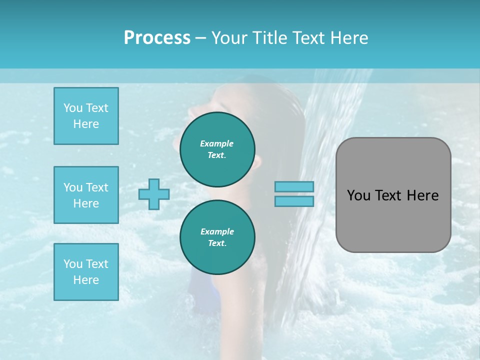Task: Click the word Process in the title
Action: pyautogui.click(x=157, y=38)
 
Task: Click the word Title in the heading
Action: pyautogui.click(x=269, y=38)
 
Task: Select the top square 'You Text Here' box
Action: pyautogui.click(x=86, y=116)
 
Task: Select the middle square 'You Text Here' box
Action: pyautogui.click(x=86, y=195)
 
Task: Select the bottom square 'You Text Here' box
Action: pyautogui.click(x=86, y=271)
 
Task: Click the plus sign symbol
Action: pyautogui.click(x=154, y=194)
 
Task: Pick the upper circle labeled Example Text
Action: pyautogui.click(x=217, y=149)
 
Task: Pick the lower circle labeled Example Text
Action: pyautogui.click(x=217, y=237)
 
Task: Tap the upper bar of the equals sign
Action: pyautogui.click(x=294, y=187)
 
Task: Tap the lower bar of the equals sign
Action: pyautogui.click(x=294, y=201)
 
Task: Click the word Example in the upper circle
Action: pyautogui.click(x=217, y=143)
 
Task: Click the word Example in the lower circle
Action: pyautogui.click(x=217, y=231)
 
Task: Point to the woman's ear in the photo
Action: pyautogui.click(x=256, y=163)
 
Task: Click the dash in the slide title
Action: pyautogui.click(x=200, y=38)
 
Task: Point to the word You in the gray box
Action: pyautogui.click(x=358, y=195)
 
